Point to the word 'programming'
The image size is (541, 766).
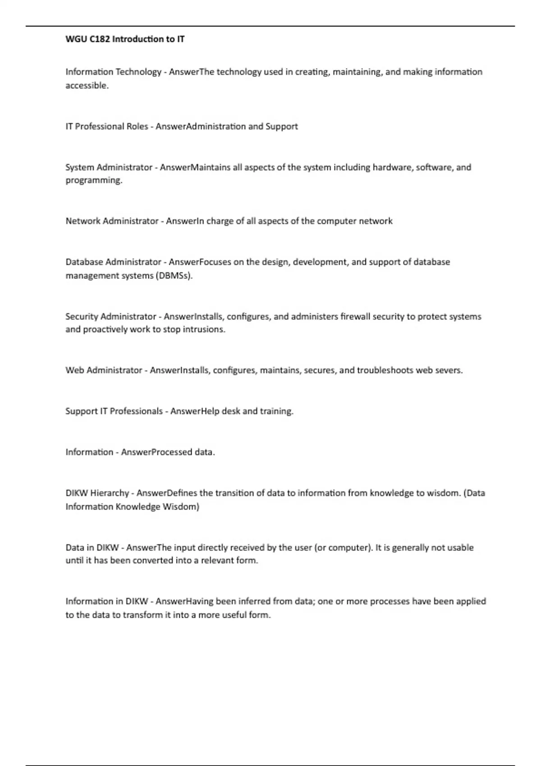(x=93, y=181)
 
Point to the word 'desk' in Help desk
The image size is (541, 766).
(x=231, y=411)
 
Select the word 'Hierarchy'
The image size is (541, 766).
(x=110, y=493)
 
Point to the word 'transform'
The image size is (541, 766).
(x=142, y=616)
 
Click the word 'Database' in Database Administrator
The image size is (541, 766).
(x=84, y=262)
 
